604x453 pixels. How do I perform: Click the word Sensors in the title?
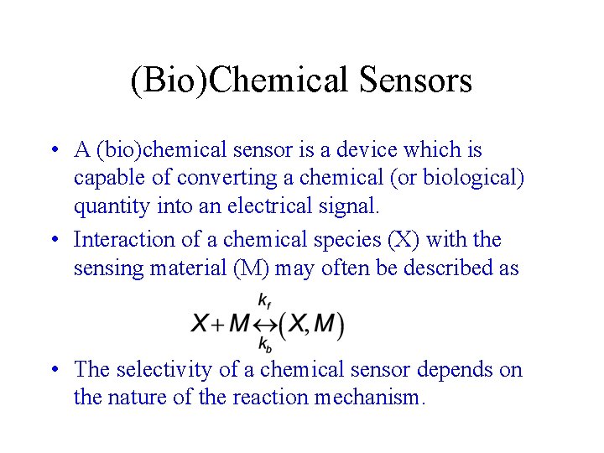coord(415,81)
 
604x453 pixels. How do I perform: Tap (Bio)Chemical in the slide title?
coord(240,81)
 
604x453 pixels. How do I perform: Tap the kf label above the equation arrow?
coord(264,299)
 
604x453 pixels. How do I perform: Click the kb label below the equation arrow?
coord(264,344)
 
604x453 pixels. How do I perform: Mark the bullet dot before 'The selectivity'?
coord(53,370)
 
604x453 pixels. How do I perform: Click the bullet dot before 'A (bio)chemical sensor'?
coord(53,151)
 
